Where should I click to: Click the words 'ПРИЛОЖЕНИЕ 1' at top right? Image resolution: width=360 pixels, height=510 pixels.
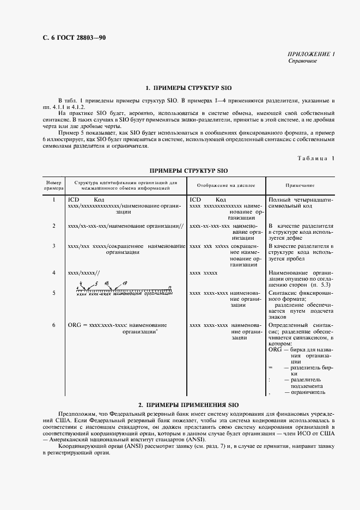point(311,54)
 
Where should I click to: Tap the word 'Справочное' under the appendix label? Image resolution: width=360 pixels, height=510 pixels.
point(302,61)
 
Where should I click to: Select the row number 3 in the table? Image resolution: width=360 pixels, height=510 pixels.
point(54,246)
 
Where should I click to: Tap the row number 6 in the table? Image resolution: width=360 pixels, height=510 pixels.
point(54,325)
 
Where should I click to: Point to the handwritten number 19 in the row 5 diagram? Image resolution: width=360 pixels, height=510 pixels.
point(125,283)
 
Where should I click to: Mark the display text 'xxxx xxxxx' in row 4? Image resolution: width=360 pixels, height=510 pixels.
point(204,272)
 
